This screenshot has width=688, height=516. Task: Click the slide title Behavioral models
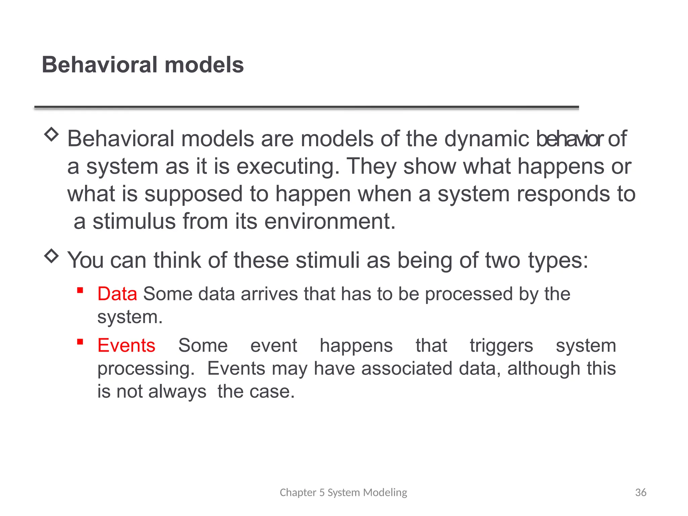[142, 64]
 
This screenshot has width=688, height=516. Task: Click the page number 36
[640, 492]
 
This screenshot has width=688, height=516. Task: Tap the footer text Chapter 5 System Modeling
[343, 492]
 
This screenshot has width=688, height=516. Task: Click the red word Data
[117, 294]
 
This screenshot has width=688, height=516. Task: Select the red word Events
[126, 345]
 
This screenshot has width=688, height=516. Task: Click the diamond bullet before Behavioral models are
[51, 134]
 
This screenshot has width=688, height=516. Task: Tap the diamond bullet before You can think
[51, 256]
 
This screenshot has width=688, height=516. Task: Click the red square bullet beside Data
[80, 290]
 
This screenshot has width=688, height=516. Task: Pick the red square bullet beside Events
[80, 342]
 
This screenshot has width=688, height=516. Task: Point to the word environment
[330, 221]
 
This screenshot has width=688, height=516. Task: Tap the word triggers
[501, 346]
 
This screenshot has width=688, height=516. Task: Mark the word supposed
[193, 194]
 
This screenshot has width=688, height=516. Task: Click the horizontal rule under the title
[306, 107]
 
